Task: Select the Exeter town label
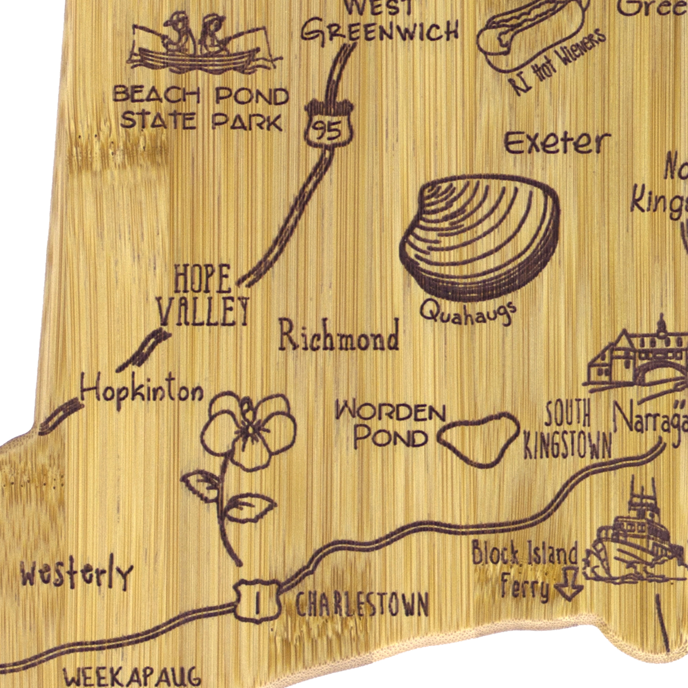point(557,143)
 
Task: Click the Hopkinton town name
point(141,392)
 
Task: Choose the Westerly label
point(76,575)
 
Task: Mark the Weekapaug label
point(132,676)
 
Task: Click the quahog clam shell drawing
point(480,237)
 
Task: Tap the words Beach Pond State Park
point(201,109)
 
